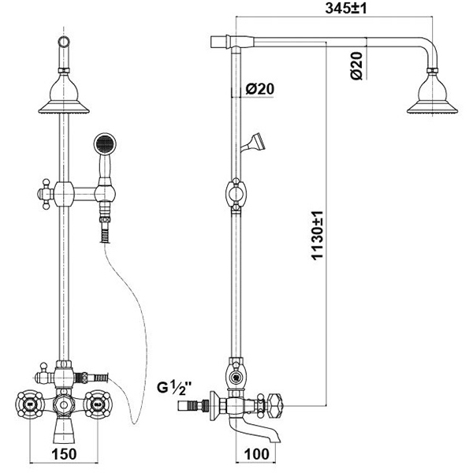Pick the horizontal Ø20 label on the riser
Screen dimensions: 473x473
pyautogui.click(x=259, y=89)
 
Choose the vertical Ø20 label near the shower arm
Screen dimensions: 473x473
pyautogui.click(x=356, y=65)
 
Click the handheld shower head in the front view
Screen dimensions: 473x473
pyautogui.click(x=102, y=146)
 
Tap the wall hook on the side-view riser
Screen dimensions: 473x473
pyautogui.click(x=255, y=142)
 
